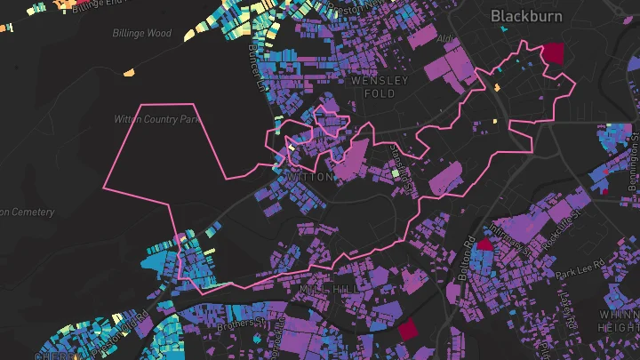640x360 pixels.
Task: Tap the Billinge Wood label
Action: coord(142,34)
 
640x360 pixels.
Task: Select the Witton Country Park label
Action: coord(156,118)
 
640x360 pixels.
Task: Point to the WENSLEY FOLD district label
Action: coord(380,87)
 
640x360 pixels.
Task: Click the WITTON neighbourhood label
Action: coord(311,177)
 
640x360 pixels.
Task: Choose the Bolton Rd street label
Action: coord(465,259)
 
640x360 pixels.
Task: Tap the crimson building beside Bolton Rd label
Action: coord(485,244)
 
